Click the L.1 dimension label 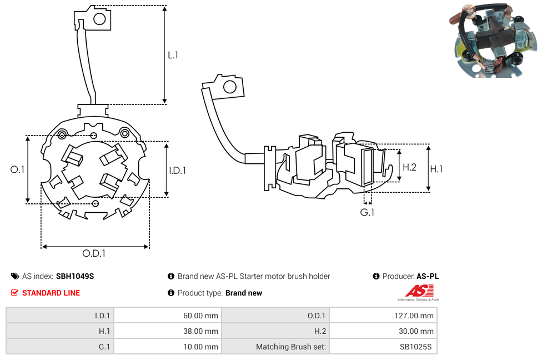pos(173,55)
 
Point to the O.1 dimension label pos(18,170)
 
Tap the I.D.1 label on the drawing pos(177,171)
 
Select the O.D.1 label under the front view pos(94,253)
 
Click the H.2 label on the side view pos(409,167)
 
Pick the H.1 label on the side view pos(437,168)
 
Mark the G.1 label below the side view pos(367,213)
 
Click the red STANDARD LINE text pos(51,293)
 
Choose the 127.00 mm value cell pos(383,316)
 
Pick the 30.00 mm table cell pos(383,331)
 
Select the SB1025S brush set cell pos(383,347)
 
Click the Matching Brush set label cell pos(275,347)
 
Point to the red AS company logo pos(419,291)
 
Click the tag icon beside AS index pos(14,276)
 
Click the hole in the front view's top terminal pos(100,19)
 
